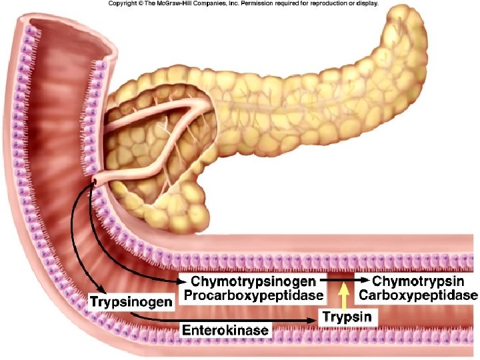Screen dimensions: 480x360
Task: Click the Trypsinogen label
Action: coord(131,302)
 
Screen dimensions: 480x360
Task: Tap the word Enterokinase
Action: coord(225,329)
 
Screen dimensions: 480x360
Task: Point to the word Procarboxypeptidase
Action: coord(253,295)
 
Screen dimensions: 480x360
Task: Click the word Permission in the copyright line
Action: coord(259,3)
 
